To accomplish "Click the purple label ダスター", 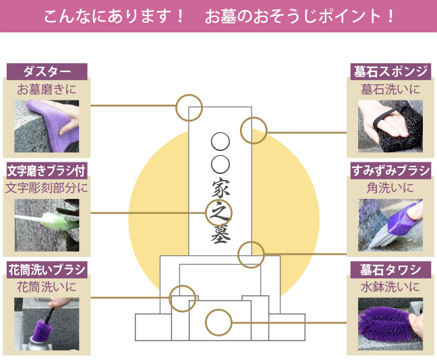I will pos(47,71).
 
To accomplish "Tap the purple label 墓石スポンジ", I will pos(390,71).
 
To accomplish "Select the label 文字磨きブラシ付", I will pos(47,169).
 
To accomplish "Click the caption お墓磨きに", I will pos(47,89).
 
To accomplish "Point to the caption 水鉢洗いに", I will pos(390,287).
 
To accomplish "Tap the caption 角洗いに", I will pos(390,187).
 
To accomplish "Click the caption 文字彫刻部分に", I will pos(47,187).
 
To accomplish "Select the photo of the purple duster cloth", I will pos(47,125).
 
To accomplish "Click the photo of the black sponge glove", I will pos(390,125).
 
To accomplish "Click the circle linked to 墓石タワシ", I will pos(218,322).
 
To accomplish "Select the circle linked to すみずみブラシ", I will pos(252,253).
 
